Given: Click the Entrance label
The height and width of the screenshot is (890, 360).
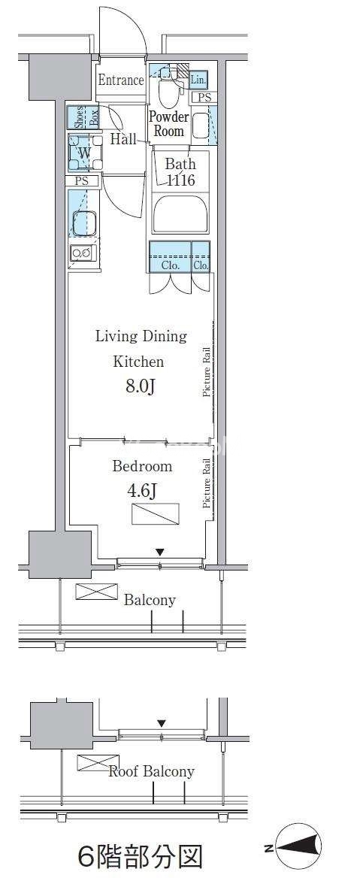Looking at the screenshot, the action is point(120,80).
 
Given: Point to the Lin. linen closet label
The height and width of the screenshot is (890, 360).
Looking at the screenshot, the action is point(198,80).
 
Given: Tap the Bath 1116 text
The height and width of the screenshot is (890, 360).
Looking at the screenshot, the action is point(180,172).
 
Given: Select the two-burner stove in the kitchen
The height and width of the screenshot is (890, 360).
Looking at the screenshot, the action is point(83,253).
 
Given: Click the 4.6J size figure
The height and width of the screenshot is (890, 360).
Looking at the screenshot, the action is point(141,490).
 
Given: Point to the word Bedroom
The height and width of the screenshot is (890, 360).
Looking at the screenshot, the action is point(142,466).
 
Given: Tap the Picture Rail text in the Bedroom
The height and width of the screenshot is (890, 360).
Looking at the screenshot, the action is point(207,483).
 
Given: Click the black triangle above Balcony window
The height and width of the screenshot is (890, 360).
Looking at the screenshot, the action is point(160,551).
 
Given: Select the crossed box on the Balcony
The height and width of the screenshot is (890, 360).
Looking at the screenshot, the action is point(96,591).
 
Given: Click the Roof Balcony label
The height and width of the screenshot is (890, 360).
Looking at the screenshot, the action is point(152,771).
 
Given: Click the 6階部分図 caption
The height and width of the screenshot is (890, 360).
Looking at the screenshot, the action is point(140,856).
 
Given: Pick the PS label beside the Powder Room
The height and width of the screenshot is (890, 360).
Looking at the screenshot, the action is point(204,98).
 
